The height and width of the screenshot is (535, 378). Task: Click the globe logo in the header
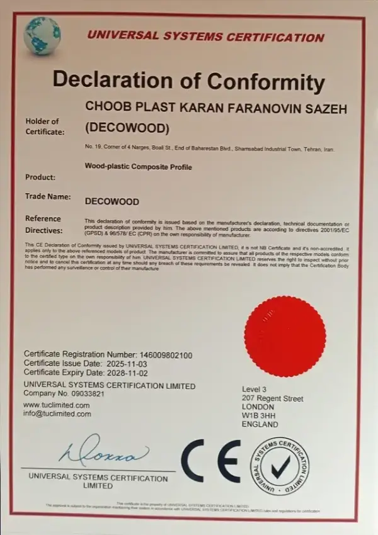point(42,34)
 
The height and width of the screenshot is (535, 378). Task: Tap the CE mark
point(211,461)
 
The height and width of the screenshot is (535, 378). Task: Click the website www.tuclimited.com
point(57,405)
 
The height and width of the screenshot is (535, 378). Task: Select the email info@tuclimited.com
point(57,414)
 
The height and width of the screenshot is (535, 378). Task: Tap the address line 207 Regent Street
point(273,399)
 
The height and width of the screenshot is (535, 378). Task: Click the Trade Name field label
point(47,196)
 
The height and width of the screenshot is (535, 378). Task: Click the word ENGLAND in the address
point(260,425)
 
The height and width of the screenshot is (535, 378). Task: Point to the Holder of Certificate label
point(44,127)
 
